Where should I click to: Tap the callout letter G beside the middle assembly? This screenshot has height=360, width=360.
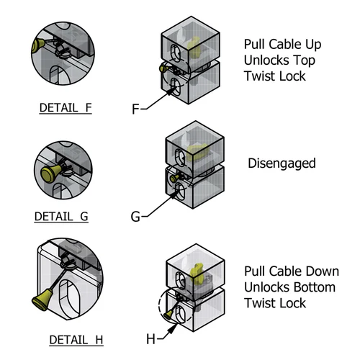(135, 215)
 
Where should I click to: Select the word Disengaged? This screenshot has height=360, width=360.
(282, 163)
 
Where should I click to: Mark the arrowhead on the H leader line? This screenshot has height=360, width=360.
(172, 327)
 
